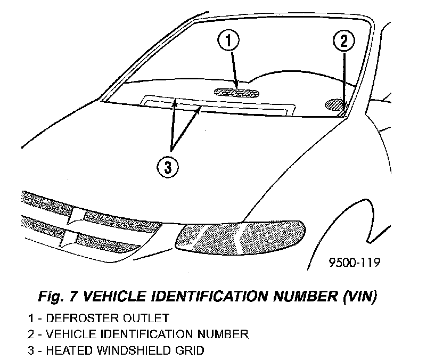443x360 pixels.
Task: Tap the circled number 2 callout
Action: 343,40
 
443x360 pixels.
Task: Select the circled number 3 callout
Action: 168,167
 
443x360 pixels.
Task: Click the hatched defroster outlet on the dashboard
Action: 237,92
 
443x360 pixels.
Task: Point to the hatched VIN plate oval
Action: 335,104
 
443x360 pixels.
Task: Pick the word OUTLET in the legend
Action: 143,319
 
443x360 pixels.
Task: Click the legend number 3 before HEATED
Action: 32,350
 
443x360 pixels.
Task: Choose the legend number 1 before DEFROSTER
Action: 32,319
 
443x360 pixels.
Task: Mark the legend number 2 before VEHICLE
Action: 32,334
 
